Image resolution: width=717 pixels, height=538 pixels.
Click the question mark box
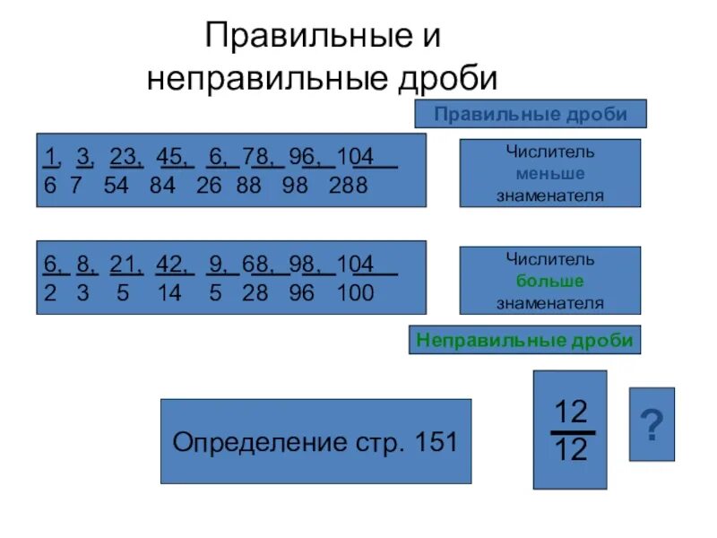(x=652, y=424)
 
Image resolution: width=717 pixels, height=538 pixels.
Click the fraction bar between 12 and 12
(x=571, y=431)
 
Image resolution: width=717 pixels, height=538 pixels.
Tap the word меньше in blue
(x=550, y=173)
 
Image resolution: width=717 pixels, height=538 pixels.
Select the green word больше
(x=550, y=281)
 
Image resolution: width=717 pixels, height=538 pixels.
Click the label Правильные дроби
(x=530, y=114)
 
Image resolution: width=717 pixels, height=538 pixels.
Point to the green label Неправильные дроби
(x=524, y=340)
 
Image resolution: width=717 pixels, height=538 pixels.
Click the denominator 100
(x=355, y=293)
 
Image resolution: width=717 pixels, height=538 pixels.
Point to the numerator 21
(x=123, y=265)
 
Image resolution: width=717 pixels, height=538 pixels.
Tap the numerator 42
(x=169, y=265)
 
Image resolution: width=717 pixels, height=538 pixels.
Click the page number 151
(x=433, y=442)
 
